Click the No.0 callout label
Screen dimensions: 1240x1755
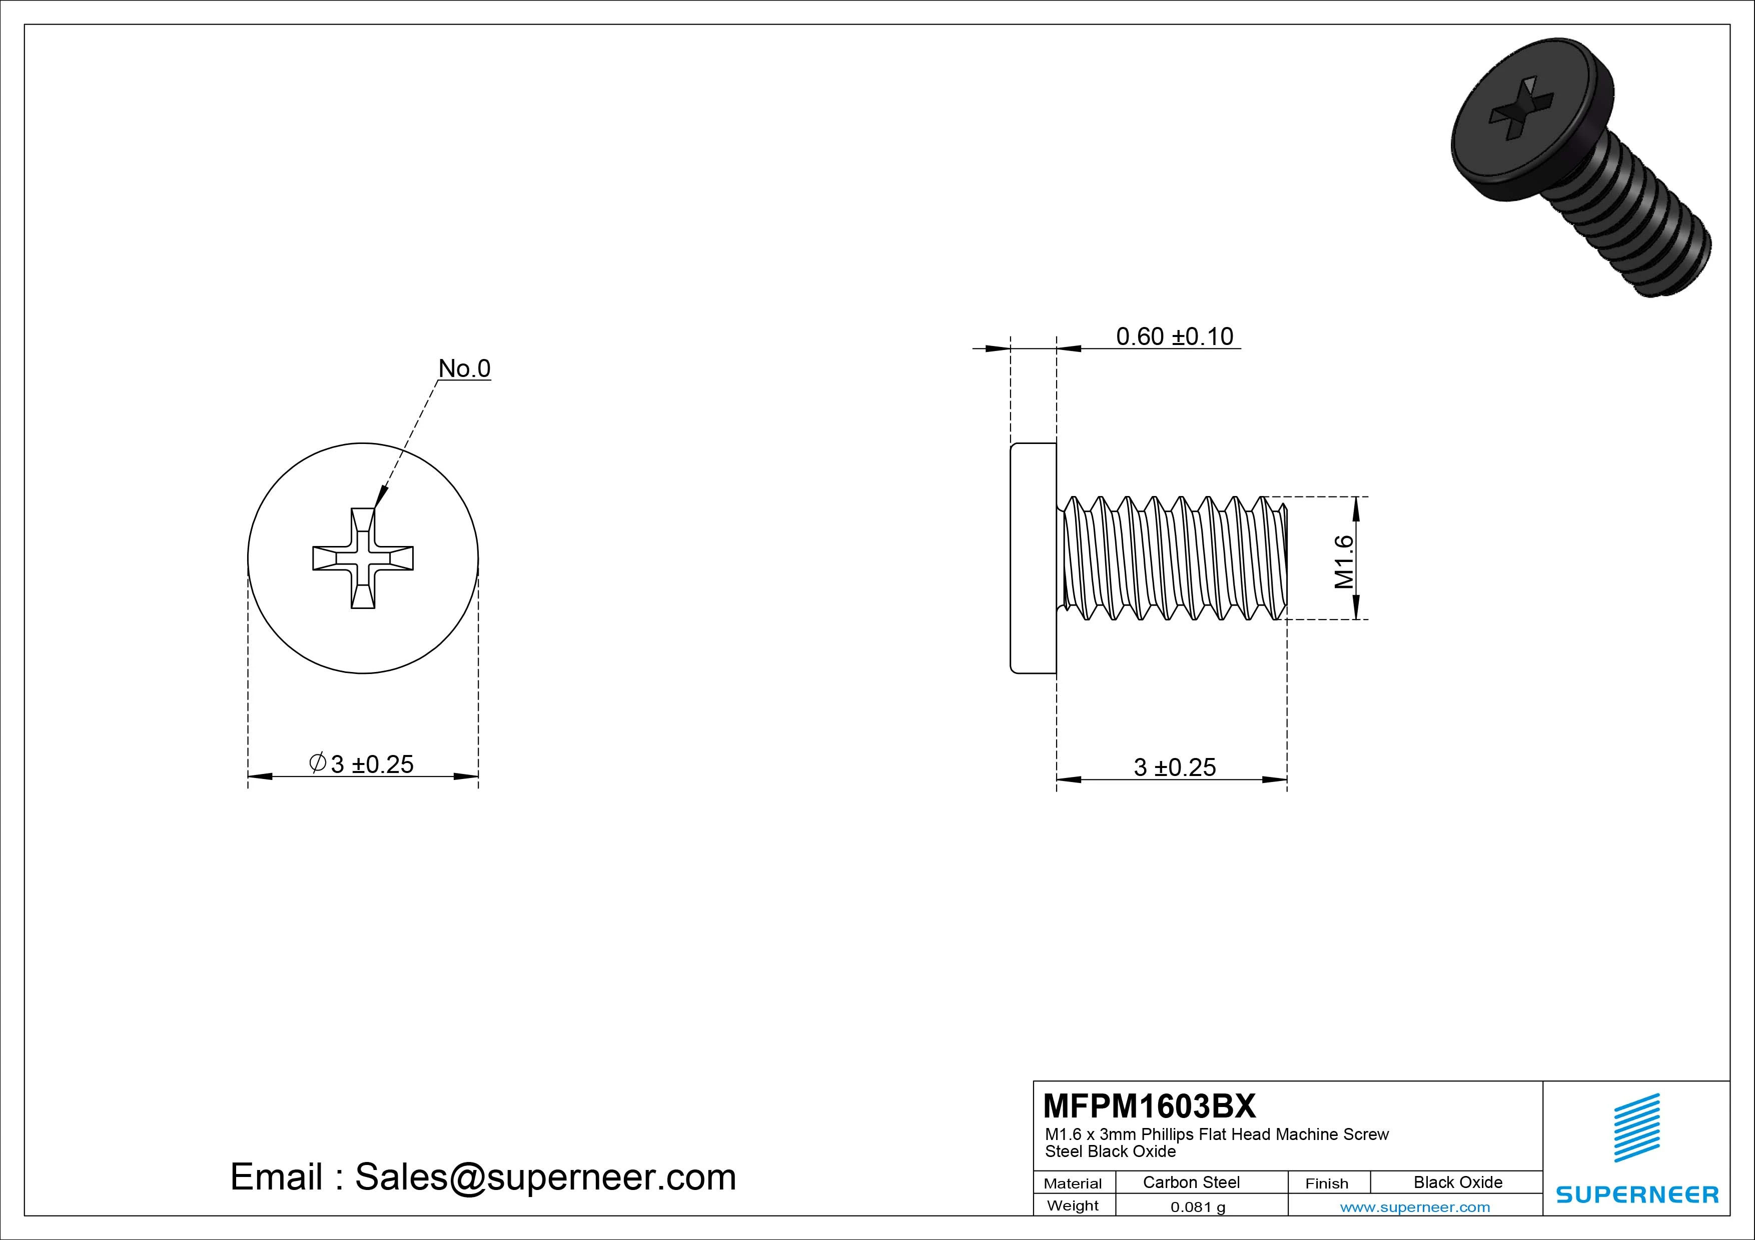click(464, 369)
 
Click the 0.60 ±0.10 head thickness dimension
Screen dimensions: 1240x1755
click(1174, 337)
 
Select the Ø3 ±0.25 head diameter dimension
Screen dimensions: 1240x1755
click(362, 763)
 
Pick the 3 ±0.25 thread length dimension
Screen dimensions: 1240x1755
click(1174, 767)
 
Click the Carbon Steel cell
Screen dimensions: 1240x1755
click(1191, 1182)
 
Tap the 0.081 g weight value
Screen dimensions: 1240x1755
click(1198, 1207)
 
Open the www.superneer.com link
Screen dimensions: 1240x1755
click(1415, 1207)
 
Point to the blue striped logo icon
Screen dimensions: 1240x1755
click(1636, 1127)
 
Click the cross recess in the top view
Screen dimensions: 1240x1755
click(363, 557)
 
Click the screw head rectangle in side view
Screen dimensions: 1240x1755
click(1034, 557)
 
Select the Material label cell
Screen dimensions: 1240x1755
click(1073, 1183)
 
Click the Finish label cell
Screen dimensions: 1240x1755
click(1326, 1183)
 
